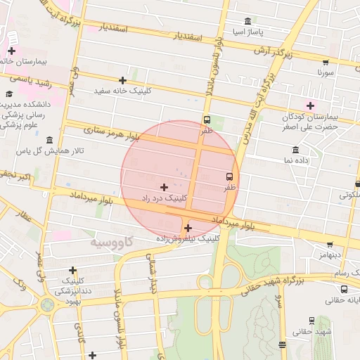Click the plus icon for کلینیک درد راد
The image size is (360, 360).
click(x=164, y=187)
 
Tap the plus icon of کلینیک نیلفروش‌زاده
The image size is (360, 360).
click(x=188, y=227)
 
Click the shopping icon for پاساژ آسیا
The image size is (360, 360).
click(x=247, y=21)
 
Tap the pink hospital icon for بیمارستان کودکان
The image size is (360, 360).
click(x=310, y=105)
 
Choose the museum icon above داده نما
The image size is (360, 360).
click(x=295, y=150)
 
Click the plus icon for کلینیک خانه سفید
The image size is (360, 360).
click(x=123, y=80)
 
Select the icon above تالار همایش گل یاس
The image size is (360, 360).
click(x=49, y=140)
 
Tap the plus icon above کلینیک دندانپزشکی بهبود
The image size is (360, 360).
click(x=72, y=270)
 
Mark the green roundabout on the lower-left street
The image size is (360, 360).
click(x=47, y=304)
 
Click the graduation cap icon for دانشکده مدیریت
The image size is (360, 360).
click(x=9, y=94)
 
